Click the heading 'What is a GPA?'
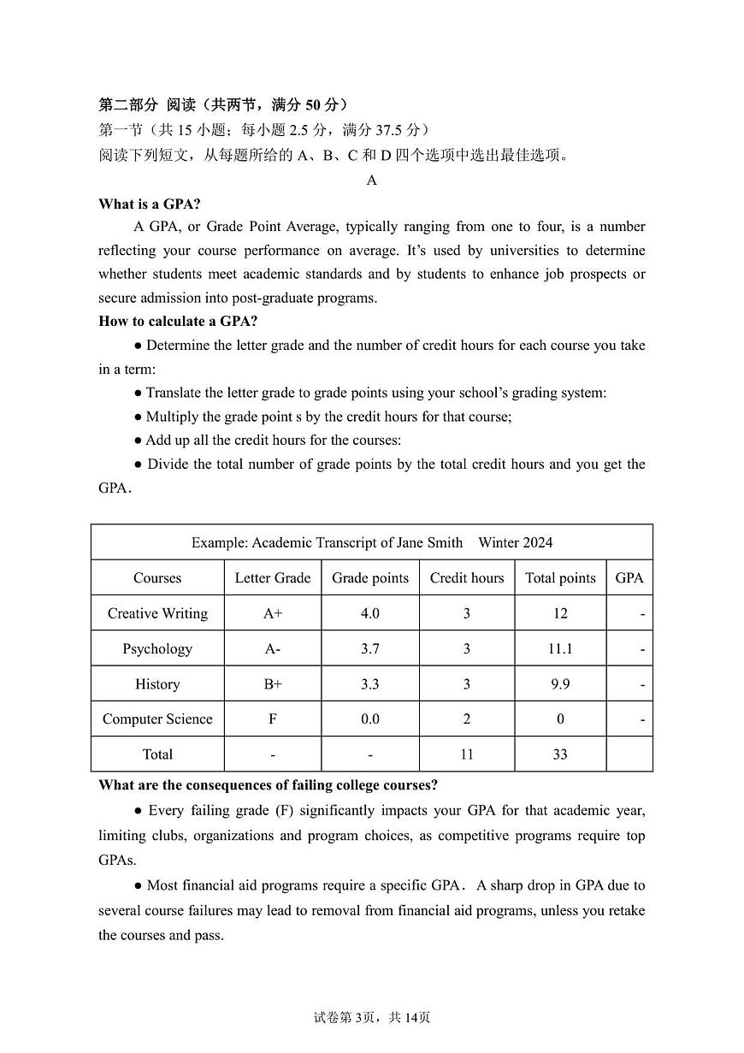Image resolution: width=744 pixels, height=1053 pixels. tap(150, 204)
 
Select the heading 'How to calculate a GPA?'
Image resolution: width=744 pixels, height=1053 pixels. tap(178, 322)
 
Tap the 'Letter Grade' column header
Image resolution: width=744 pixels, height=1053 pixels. tap(273, 578)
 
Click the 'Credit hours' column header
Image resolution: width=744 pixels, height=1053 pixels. tap(467, 578)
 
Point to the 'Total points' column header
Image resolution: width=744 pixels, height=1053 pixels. tap(560, 578)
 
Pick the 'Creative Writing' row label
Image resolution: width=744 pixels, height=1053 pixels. tap(157, 613)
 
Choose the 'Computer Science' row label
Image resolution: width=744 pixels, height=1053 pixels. tap(157, 719)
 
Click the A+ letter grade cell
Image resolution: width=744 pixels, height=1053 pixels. tap(273, 613)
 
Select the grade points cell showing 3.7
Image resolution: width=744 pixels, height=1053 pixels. tap(370, 649)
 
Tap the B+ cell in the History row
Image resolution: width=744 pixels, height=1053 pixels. tap(273, 684)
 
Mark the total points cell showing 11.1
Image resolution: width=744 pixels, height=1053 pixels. tap(560, 649)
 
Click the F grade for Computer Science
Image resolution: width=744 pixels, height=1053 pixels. tap(273, 719)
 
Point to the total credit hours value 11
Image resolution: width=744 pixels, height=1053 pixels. tap(467, 754)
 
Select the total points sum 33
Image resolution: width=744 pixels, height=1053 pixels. tap(560, 754)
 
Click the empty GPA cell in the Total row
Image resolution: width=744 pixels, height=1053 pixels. tap(629, 754)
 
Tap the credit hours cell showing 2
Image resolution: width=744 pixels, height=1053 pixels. tap(467, 719)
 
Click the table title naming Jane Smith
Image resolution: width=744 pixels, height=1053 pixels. tap(372, 542)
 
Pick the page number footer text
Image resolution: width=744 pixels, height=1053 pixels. tap(372, 1017)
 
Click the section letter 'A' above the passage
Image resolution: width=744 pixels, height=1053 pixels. tap(372, 180)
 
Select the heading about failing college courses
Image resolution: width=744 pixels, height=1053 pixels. tap(268, 785)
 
